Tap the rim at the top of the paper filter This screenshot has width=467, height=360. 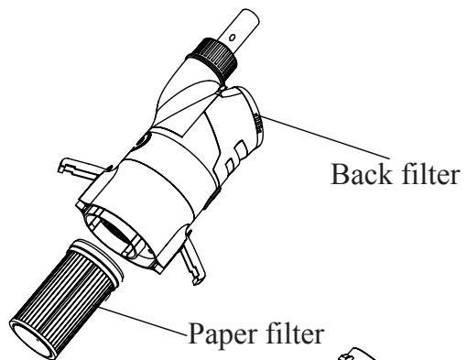pyautogui.click(x=92, y=256)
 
